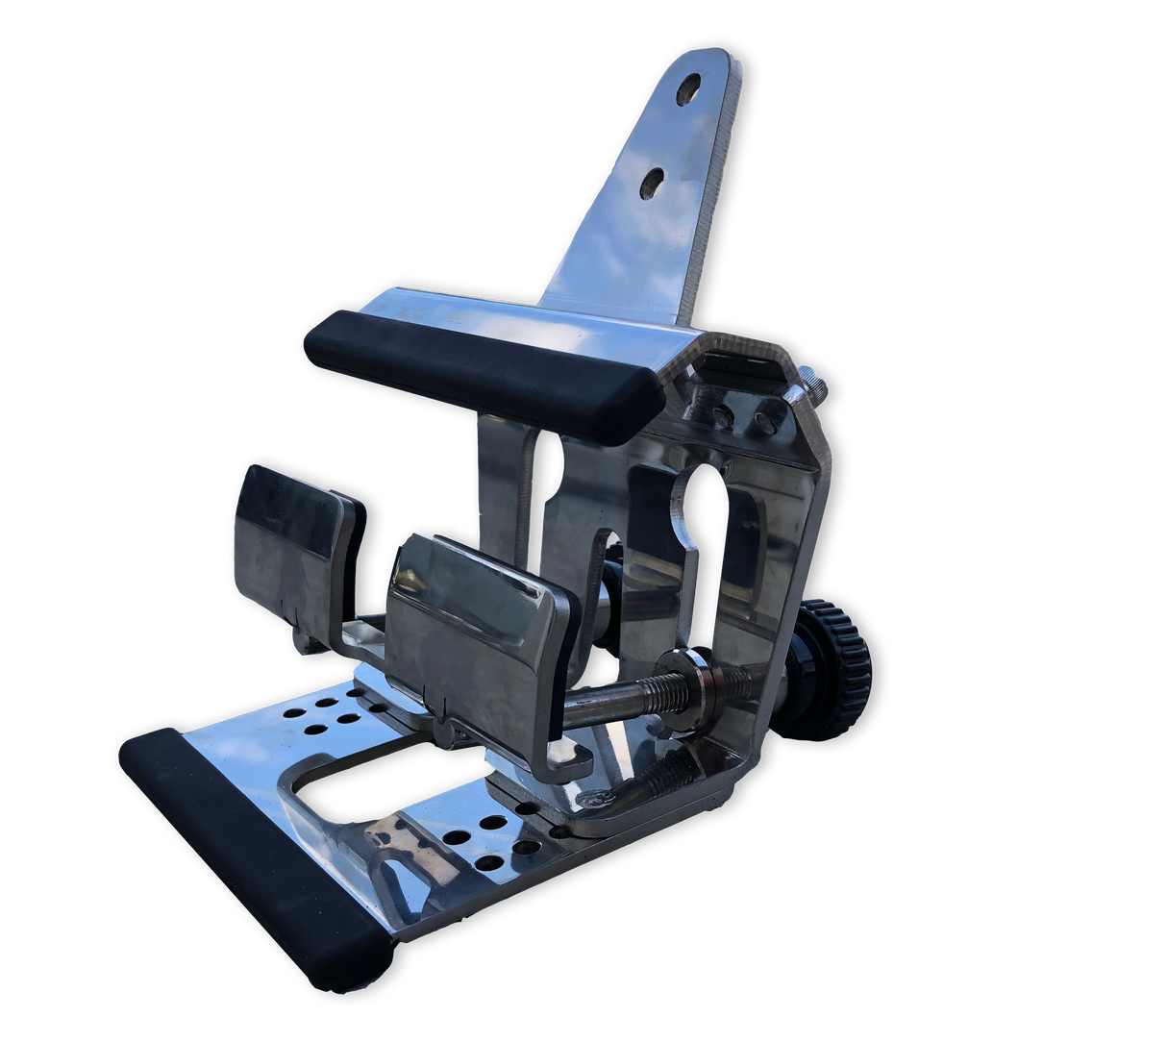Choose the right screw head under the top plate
pos(763,419)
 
